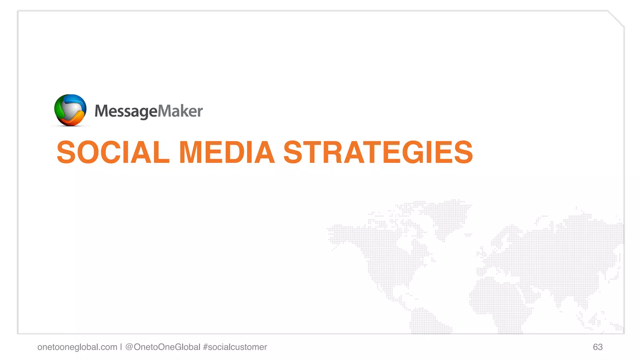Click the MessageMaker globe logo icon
(x=70, y=110)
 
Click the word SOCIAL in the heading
(x=113, y=152)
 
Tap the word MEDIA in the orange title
(x=227, y=152)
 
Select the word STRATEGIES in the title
(x=378, y=152)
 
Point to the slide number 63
(x=597, y=347)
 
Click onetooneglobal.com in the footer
(x=77, y=347)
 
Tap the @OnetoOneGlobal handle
(x=162, y=347)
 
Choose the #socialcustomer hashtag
(x=235, y=347)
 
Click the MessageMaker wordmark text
(x=148, y=111)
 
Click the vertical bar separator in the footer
(x=121, y=347)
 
